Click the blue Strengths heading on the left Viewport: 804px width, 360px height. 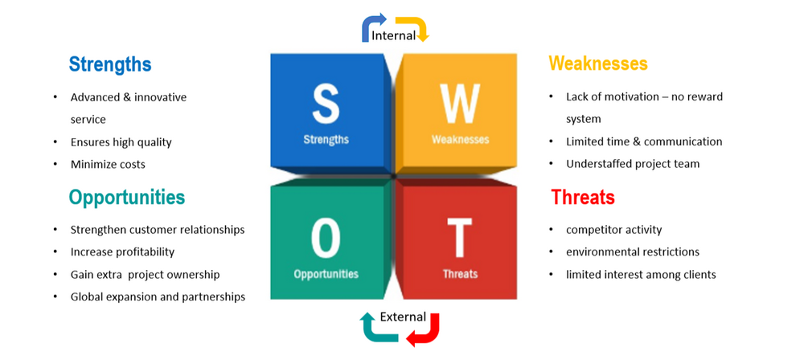[x=110, y=65]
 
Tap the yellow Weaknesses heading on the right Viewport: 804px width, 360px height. [x=598, y=63]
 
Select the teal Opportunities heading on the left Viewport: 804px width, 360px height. [x=127, y=198]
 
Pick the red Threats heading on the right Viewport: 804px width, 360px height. [x=583, y=197]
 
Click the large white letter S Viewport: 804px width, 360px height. [x=326, y=104]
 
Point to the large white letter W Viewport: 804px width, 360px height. [x=460, y=104]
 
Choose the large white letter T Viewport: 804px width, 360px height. [x=459, y=238]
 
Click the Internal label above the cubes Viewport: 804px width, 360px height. [x=393, y=35]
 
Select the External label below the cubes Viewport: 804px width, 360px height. [x=403, y=317]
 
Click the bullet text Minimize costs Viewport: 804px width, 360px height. [x=109, y=165]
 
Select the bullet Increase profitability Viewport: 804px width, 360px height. [x=122, y=252]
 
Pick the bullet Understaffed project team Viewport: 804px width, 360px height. [x=633, y=164]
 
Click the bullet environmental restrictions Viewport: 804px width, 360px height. [x=633, y=252]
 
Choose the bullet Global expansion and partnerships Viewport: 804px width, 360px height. [x=158, y=297]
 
